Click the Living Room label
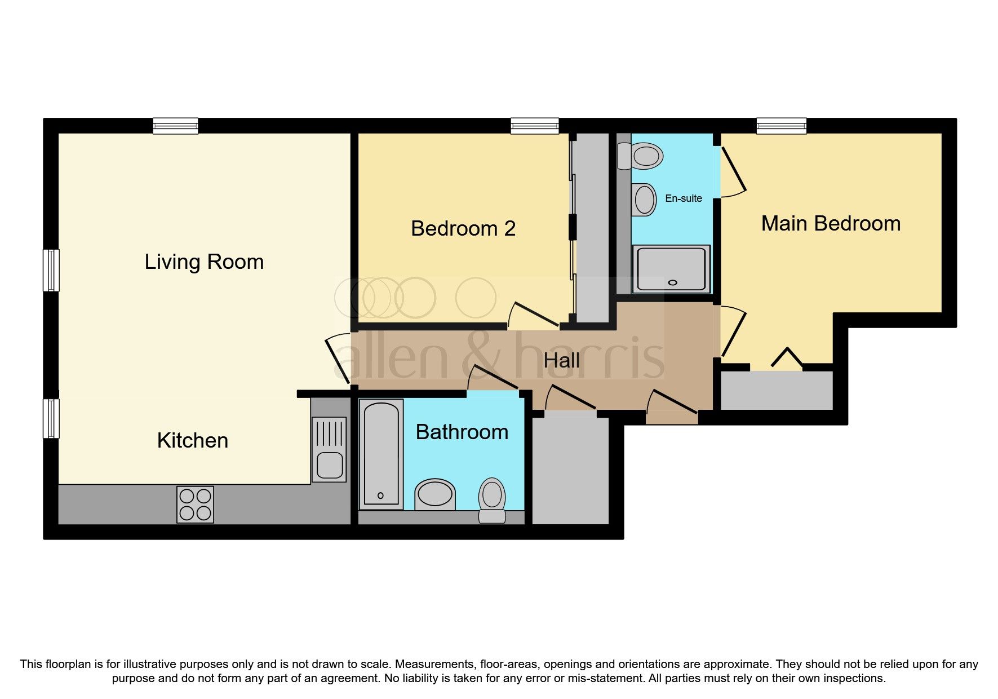pyautogui.click(x=204, y=262)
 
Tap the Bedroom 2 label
pyautogui.click(x=463, y=228)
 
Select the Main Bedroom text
pyautogui.click(x=831, y=224)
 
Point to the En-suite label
pyautogui.click(x=683, y=198)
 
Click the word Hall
pyautogui.click(x=561, y=361)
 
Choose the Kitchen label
pyautogui.click(x=193, y=440)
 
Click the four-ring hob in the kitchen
pyautogui.click(x=195, y=505)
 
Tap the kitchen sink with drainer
pyautogui.click(x=329, y=449)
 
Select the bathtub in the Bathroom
pyautogui.click(x=381, y=454)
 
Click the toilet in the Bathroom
pyautogui.click(x=492, y=499)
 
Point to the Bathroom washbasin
pyautogui.click(x=434, y=495)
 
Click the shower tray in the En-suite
pyautogui.click(x=671, y=269)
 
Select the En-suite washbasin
pyautogui.click(x=644, y=200)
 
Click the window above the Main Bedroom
pyautogui.click(x=781, y=126)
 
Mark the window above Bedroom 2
pyautogui.click(x=534, y=126)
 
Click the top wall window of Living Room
pyautogui.click(x=175, y=126)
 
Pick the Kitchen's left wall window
pyautogui.click(x=52, y=418)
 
